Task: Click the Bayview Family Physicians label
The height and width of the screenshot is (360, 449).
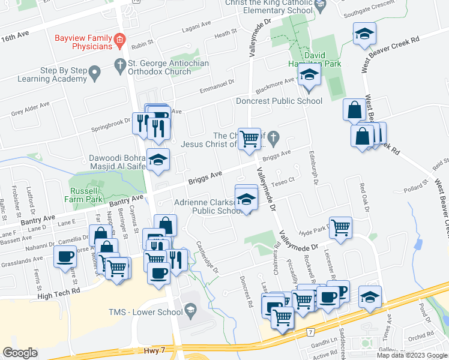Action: point(83,41)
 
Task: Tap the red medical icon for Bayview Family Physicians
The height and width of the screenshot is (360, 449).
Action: point(120,41)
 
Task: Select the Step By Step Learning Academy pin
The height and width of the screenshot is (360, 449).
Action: point(94,74)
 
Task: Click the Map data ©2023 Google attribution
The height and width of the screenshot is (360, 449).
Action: point(411,355)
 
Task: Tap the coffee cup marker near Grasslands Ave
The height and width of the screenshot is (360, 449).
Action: point(65,256)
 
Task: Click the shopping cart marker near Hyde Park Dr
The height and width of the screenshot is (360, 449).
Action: point(340,227)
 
